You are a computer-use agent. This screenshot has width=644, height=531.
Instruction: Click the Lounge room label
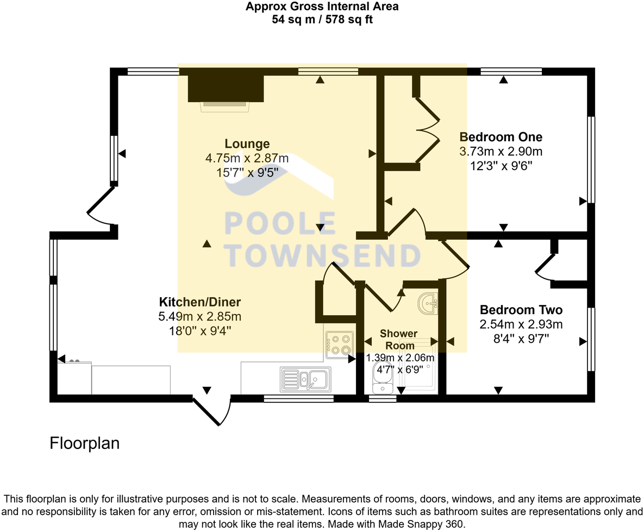pos(247,144)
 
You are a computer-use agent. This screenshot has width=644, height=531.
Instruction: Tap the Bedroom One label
pos(501,136)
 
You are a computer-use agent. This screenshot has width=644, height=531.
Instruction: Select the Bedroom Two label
pos(521,310)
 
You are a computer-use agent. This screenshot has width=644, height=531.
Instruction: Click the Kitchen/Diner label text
pos(199,302)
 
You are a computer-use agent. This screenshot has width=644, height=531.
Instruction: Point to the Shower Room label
pos(398,339)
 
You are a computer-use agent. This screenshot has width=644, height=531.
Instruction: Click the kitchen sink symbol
pos(305,379)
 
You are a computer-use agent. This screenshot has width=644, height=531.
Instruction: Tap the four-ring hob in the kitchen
pos(339,345)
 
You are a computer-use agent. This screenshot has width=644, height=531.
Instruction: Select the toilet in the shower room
pos(383,379)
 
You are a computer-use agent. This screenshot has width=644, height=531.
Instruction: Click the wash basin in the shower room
pos(428,303)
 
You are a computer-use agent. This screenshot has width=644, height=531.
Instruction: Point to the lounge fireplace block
pos(226,89)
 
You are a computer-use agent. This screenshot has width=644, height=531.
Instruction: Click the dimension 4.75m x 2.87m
pos(247,159)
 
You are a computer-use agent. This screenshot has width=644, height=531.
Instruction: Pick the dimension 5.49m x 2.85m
pos(199,316)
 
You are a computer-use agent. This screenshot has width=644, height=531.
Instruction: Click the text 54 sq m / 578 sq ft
pos(322,20)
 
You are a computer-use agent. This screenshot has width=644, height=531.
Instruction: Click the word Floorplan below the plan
pos(84,443)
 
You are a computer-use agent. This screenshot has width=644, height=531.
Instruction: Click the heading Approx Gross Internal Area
pos(322,7)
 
